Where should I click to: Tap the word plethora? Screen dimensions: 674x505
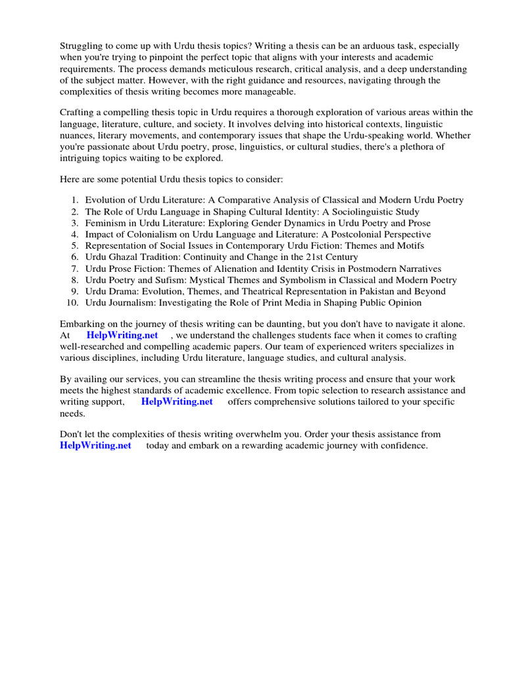tap(421, 147)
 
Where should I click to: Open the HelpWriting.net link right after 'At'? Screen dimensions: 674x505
tap(122, 336)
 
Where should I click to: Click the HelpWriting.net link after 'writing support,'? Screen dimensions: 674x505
tap(177, 402)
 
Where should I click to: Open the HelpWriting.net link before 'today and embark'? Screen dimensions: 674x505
tap(95, 446)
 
